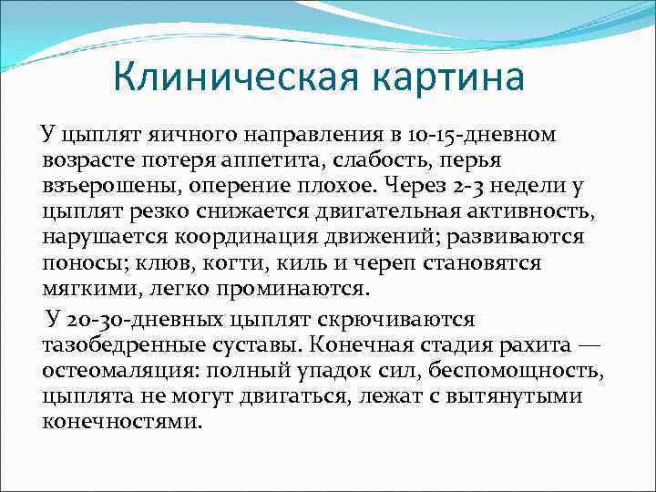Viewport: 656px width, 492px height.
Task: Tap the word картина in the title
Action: (x=444, y=77)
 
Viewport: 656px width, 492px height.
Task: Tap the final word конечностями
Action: (x=120, y=422)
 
